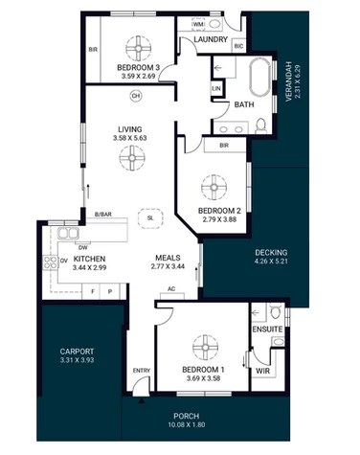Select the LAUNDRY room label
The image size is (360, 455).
[x=211, y=40]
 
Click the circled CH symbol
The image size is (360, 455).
[x=135, y=96]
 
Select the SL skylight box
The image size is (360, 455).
[x=150, y=217]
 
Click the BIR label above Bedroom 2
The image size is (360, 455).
[x=223, y=146]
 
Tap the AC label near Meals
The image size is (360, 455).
[x=170, y=288]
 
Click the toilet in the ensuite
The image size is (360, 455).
[x=275, y=313]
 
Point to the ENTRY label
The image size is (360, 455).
[x=141, y=371]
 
